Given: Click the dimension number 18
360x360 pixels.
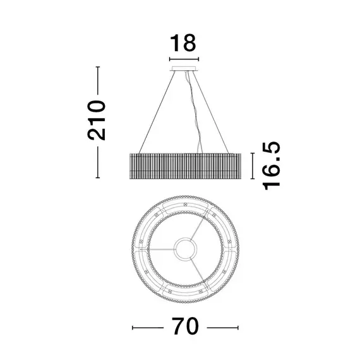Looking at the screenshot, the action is pos(183,43).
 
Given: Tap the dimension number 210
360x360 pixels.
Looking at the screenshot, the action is pos(96,120).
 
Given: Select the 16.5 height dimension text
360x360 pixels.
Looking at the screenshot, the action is pos(271,165).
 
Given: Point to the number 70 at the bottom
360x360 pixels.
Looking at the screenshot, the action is pos(185,326).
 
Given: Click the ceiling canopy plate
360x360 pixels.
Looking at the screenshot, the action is pos(184,69).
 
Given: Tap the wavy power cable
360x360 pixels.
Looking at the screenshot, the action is pos(194,112).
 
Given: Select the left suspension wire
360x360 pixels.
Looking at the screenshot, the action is pos(157,112).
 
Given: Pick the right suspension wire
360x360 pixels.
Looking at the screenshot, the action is pos(211,112).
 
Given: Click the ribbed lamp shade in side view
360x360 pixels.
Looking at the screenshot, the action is pos(185,166).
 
